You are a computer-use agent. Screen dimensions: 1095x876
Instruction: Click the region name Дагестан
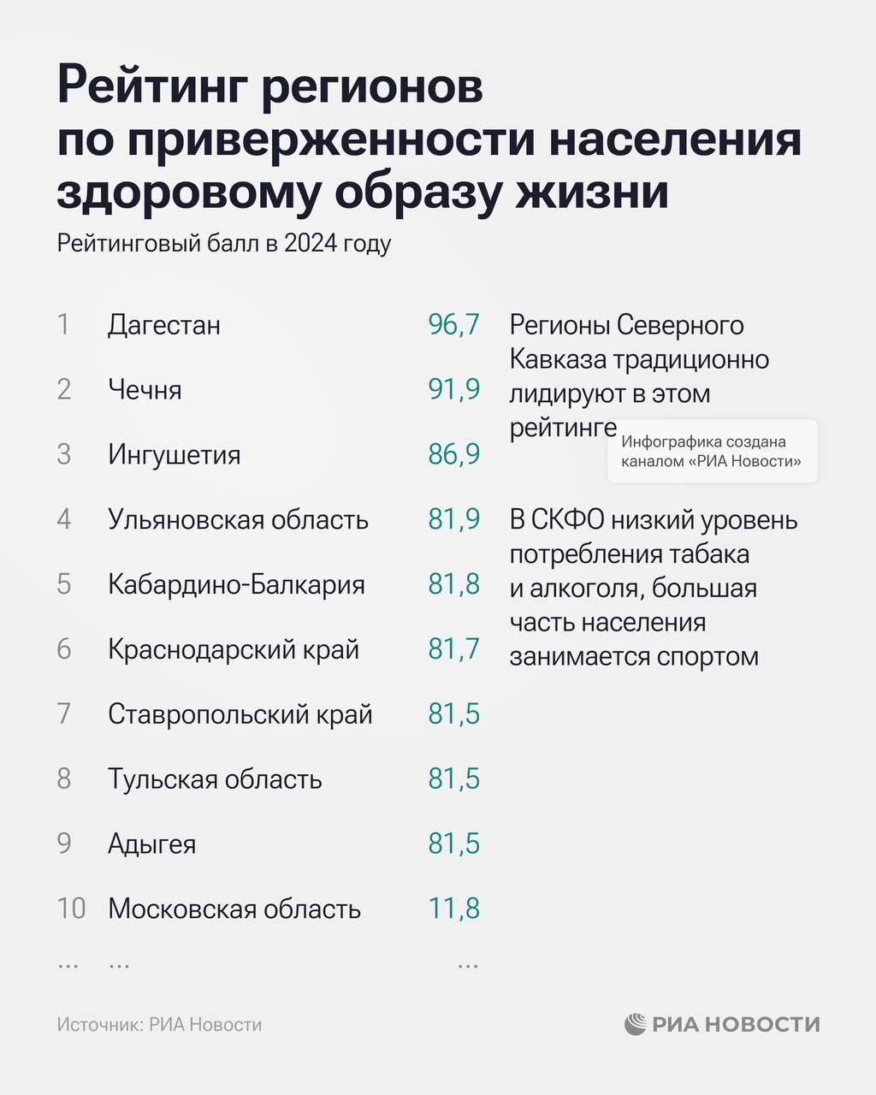[164, 325]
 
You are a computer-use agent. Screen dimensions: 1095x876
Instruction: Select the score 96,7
[453, 325]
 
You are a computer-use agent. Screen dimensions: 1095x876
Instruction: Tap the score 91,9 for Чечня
[453, 390]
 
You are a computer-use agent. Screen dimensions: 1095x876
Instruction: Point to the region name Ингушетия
[174, 454]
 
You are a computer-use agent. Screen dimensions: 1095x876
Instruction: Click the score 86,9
[453, 454]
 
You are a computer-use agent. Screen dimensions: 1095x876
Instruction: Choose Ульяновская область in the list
[238, 519]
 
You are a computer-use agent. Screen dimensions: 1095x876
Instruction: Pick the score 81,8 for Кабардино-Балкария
[453, 584]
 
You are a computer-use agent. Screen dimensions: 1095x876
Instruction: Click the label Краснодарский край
[233, 649]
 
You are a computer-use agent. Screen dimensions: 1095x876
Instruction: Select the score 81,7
[453, 649]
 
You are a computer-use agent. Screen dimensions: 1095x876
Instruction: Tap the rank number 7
[64, 714]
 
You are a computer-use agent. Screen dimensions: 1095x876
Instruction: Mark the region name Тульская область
[215, 779]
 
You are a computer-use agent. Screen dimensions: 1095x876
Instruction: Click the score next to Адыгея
[453, 844]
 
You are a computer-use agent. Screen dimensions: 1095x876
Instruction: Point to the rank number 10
[71, 909]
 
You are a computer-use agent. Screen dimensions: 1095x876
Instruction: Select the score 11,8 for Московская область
[453, 909]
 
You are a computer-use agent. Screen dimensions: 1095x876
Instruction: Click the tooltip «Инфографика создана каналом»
[712, 452]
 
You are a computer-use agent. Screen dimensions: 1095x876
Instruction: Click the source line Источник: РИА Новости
[159, 1024]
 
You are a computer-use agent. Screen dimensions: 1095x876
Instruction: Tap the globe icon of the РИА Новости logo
[635, 1024]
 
